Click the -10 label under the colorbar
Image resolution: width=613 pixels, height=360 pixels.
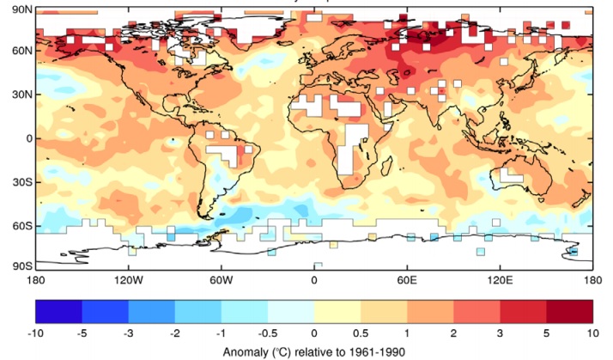(35, 333)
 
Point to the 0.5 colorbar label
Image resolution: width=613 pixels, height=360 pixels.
(360, 333)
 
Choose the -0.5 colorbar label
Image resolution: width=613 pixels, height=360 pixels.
(267, 333)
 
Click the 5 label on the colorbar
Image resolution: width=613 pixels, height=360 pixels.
(546, 333)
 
